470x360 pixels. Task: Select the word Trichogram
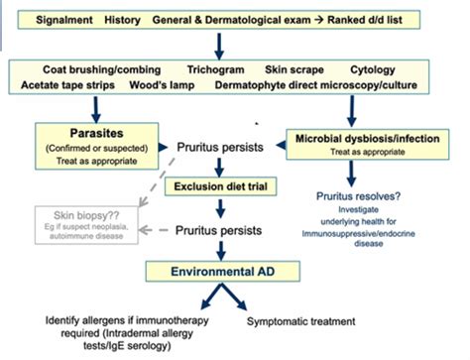pos(219,71)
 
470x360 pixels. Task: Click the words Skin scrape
pos(294,71)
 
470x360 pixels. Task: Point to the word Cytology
pos(374,71)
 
